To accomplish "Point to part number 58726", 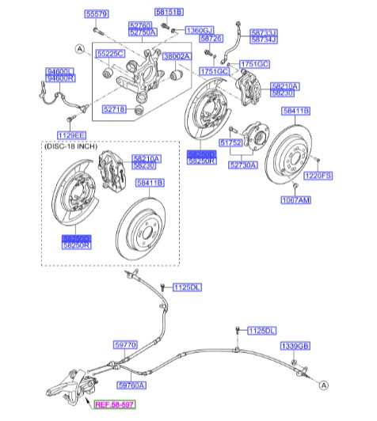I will [211, 38].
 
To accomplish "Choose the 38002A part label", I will [177, 56].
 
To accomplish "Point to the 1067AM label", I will [295, 201].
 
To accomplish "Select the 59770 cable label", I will [125, 344].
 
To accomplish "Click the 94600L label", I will [60, 71].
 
